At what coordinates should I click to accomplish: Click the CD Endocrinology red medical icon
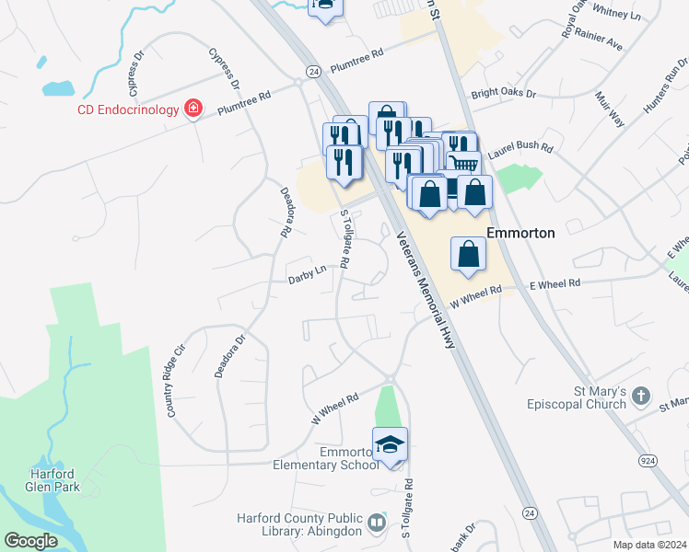tap(193, 110)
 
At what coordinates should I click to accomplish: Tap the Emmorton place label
tap(520, 233)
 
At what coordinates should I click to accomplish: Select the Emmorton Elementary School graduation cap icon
tap(390, 446)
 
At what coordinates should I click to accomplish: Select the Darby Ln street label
tap(308, 273)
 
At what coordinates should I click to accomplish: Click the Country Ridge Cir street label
tap(175, 381)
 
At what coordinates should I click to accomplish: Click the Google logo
tap(30, 541)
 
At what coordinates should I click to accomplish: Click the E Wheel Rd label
tap(555, 285)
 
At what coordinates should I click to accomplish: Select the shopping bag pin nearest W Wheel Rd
tap(469, 254)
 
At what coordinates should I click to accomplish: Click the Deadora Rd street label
tap(286, 213)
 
